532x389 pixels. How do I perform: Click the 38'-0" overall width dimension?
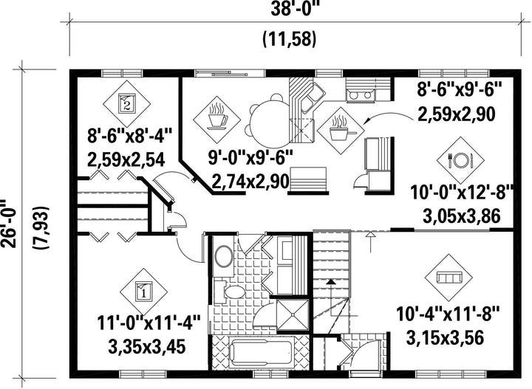click(296, 10)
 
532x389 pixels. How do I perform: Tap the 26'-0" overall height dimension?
click(8, 224)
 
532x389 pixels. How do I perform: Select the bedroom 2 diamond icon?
click(126, 103)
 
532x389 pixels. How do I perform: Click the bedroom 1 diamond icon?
click(143, 292)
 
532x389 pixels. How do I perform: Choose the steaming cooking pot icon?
click(341, 131)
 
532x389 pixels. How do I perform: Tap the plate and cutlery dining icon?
click(460, 160)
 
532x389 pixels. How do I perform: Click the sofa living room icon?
click(449, 278)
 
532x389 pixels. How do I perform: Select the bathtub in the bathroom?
click(262, 352)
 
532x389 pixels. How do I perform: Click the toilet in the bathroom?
click(233, 292)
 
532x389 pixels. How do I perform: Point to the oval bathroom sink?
click(225, 256)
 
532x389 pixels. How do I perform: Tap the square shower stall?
click(293, 315)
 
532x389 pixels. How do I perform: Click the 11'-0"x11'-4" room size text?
click(149, 323)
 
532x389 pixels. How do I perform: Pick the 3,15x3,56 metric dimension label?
click(444, 337)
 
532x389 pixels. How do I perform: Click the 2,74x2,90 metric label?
click(250, 182)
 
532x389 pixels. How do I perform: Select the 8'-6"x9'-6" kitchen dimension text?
click(459, 91)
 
